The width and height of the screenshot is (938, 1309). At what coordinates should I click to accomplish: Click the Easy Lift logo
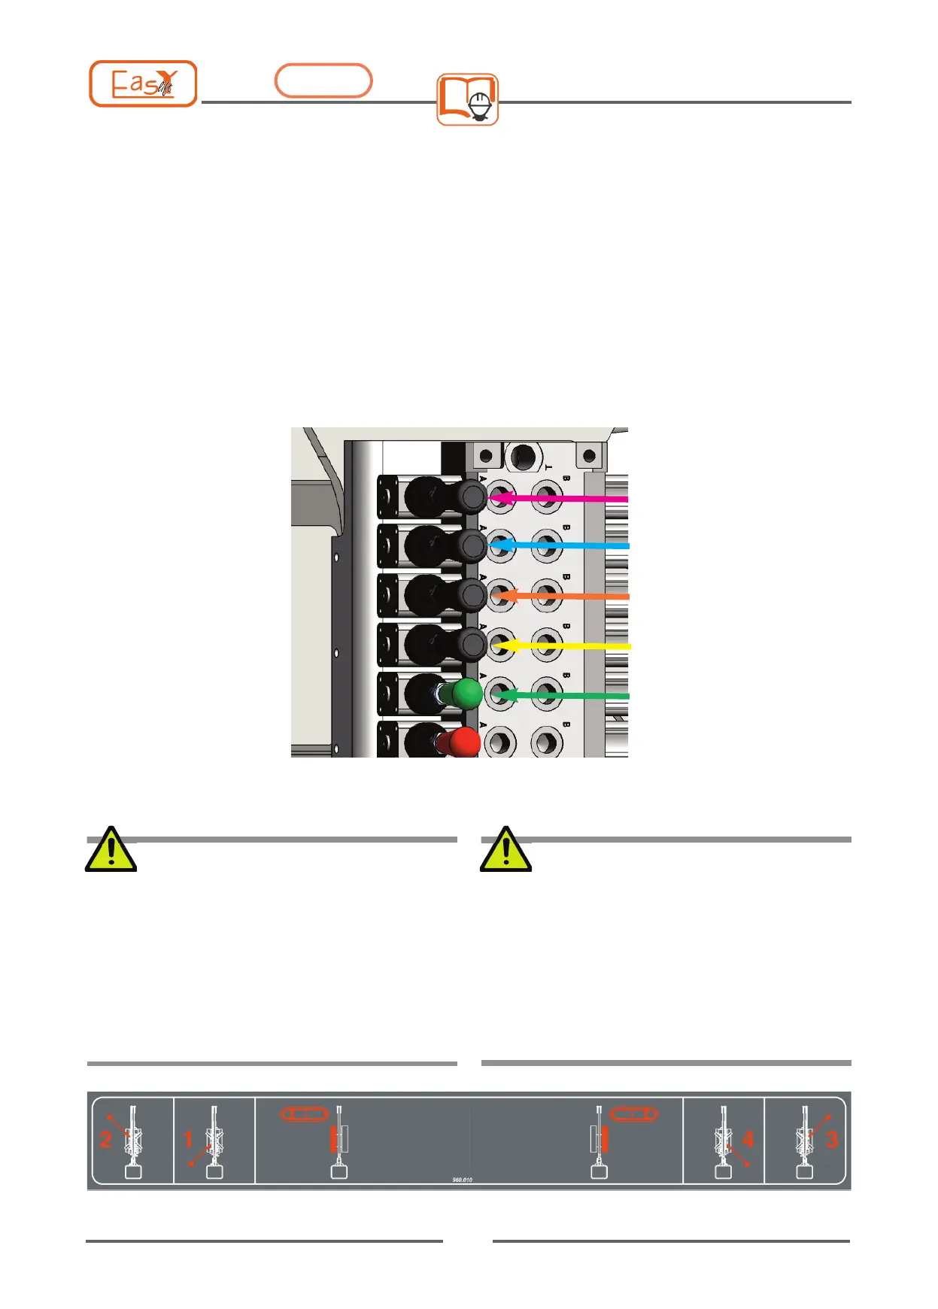pyautogui.click(x=143, y=84)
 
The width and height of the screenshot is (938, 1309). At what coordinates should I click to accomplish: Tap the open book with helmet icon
pyautogui.click(x=467, y=99)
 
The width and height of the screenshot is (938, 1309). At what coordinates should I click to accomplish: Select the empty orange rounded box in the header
pyautogui.click(x=323, y=80)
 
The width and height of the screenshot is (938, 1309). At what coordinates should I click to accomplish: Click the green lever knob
pyautogui.click(x=466, y=694)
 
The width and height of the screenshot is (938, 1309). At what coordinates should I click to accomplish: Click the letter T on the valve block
pyautogui.click(x=549, y=467)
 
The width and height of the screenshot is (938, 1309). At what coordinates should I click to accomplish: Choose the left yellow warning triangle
pyautogui.click(x=111, y=849)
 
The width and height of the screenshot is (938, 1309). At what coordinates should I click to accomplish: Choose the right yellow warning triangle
pyautogui.click(x=506, y=849)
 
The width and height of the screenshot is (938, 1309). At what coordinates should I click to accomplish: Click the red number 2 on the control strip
pyautogui.click(x=106, y=1140)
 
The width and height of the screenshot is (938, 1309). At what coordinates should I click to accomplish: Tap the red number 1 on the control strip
pyautogui.click(x=188, y=1140)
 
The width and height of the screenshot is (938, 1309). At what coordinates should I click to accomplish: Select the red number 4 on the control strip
pyautogui.click(x=748, y=1139)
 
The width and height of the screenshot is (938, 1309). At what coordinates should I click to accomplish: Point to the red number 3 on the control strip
pyautogui.click(x=831, y=1139)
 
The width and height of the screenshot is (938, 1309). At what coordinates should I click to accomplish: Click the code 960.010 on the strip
pyautogui.click(x=462, y=1180)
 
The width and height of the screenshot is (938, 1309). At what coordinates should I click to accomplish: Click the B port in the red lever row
pyautogui.click(x=547, y=743)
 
